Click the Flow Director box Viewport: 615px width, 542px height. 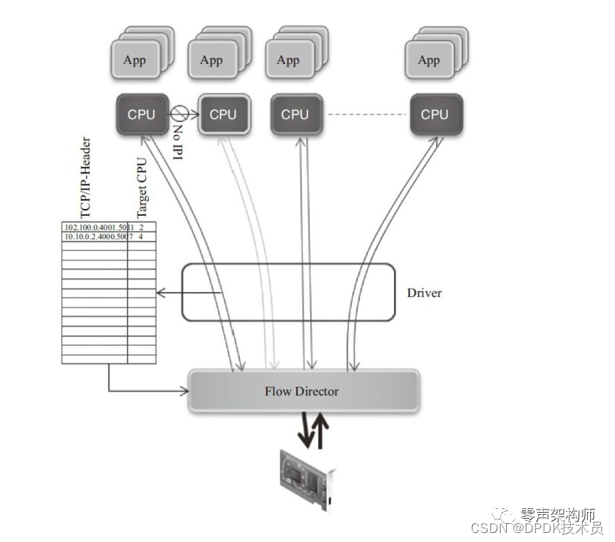pos(302,391)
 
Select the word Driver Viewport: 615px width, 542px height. pos(424,292)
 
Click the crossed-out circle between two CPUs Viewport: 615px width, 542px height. pos(178,114)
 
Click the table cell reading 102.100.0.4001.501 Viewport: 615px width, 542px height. pos(95,227)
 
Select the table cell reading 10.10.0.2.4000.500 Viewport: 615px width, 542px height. pos(95,237)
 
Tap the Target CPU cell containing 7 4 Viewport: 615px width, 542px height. pos(141,237)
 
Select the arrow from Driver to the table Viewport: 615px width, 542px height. pos(188,292)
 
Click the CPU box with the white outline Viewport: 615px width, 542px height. pos(223,114)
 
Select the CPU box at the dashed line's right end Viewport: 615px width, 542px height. pos(434,114)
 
